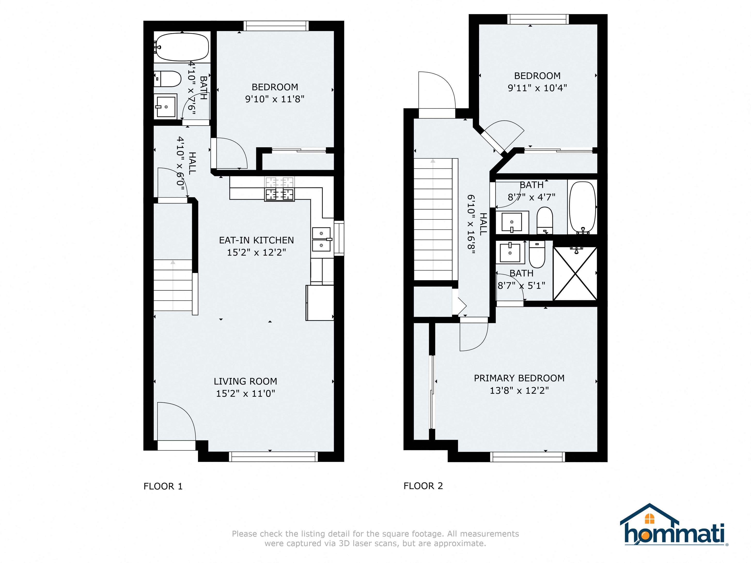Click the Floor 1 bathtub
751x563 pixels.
[182, 47]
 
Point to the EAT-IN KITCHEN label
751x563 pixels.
[256, 240]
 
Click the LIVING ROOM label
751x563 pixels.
[245, 381]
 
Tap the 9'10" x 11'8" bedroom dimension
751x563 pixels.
[275, 99]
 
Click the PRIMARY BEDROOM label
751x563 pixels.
[519, 378]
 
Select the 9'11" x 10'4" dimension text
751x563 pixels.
[537, 88]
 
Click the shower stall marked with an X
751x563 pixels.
[575, 274]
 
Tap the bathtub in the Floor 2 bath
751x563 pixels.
[583, 207]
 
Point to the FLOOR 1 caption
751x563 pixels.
[163, 486]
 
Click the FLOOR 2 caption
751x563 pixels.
[423, 486]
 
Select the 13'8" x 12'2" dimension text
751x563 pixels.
[519, 391]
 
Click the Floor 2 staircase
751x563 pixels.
[434, 219]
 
